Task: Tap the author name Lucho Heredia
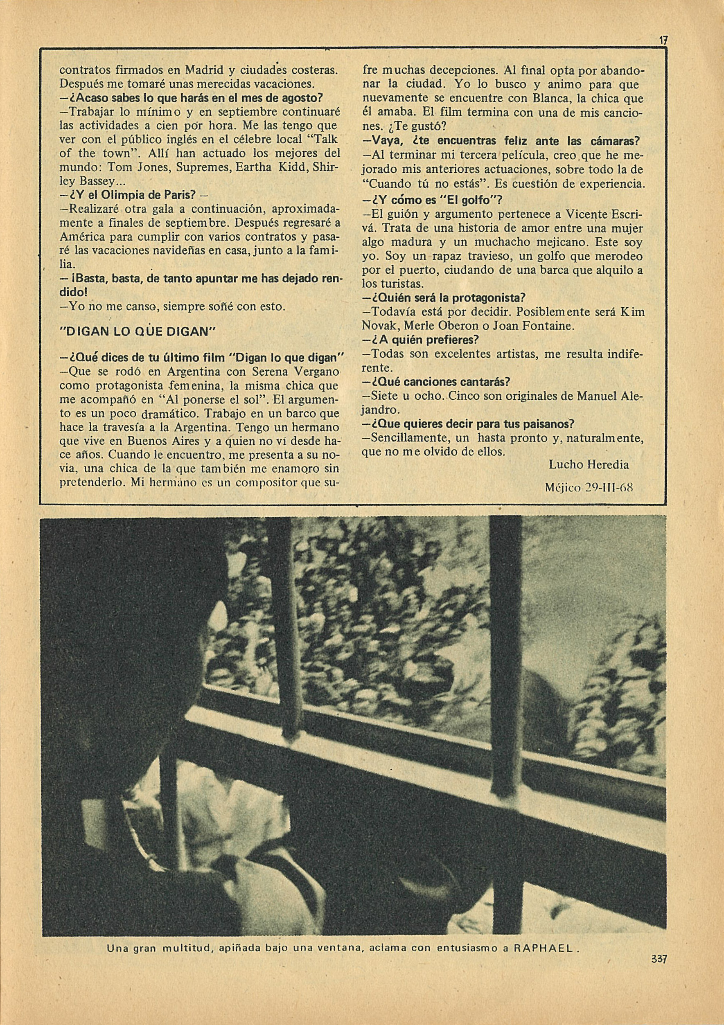(588, 465)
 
